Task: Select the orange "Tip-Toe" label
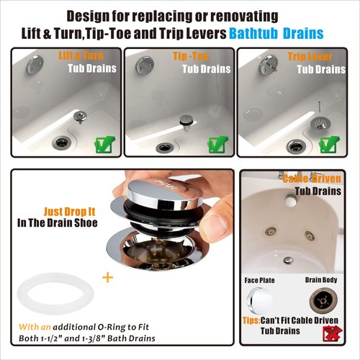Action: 190,55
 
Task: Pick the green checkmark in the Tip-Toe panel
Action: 217,143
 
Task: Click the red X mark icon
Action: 333,333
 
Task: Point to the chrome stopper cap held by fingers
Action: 160,195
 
